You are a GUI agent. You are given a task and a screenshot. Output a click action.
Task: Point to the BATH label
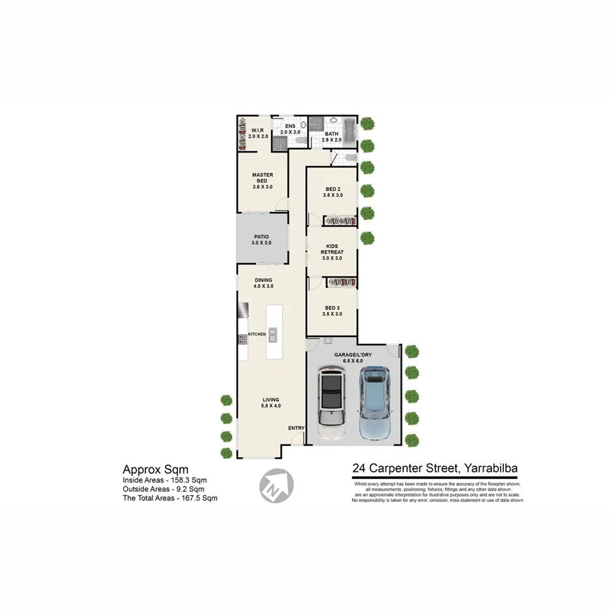click(332, 134)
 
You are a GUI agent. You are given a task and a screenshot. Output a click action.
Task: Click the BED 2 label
click(332, 189)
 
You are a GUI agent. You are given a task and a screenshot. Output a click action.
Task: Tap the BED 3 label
click(332, 308)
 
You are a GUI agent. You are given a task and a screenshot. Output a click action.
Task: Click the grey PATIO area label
click(261, 237)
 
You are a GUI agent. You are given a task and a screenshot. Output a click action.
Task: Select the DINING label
click(263, 280)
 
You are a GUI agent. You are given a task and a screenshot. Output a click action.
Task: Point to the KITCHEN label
click(257, 334)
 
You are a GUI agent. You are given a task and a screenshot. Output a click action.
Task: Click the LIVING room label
click(270, 399)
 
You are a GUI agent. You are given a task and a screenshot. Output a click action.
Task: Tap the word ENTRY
click(296, 428)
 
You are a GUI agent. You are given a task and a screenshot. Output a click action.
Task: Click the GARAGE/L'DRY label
click(353, 353)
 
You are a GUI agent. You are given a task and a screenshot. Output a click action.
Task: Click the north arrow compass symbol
click(276, 485)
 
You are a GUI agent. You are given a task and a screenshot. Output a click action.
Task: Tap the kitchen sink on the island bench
click(272, 335)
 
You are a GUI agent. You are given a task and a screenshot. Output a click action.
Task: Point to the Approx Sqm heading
click(156, 469)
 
